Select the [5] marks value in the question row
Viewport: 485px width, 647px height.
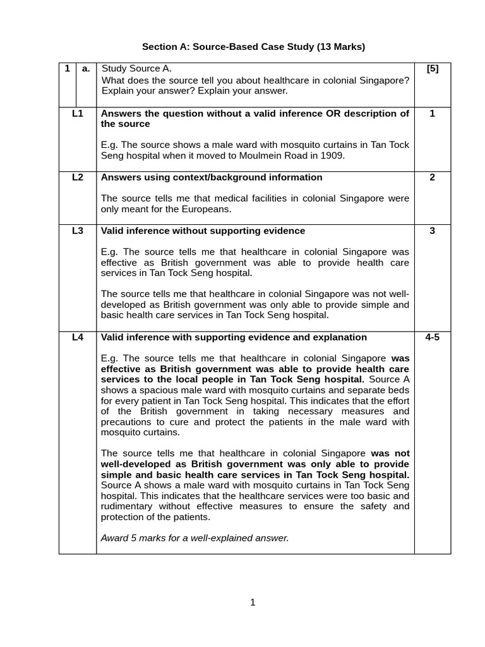[x=432, y=69]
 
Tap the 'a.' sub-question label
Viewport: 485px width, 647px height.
[x=87, y=69]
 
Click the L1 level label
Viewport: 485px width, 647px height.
[x=78, y=114]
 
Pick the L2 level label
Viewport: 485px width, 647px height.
[x=78, y=178]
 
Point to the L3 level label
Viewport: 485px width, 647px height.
[x=78, y=231]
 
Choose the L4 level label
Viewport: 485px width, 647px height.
[x=78, y=337]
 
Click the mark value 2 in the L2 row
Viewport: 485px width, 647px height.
[x=432, y=178]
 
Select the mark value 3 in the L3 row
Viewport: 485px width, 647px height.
[x=432, y=231]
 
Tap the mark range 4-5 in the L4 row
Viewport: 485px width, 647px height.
[x=432, y=337]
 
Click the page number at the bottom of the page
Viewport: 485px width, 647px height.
[x=253, y=603]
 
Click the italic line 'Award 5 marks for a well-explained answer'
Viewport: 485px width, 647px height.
[x=195, y=538]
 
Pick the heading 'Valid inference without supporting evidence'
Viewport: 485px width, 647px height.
[x=203, y=231]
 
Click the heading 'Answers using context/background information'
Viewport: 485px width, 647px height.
[x=212, y=178]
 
